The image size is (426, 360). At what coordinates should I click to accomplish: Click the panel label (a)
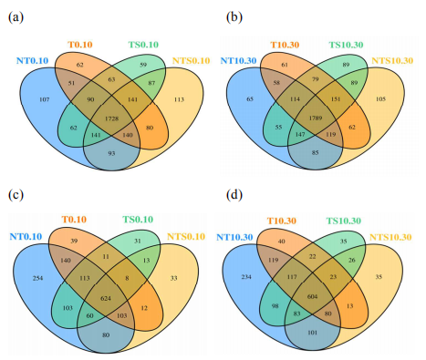click(16, 17)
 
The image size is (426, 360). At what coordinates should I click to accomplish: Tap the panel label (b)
click(234, 17)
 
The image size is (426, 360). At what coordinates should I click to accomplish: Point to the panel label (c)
click(16, 195)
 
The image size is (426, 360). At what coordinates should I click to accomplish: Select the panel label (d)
click(234, 195)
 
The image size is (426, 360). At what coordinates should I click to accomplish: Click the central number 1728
click(111, 118)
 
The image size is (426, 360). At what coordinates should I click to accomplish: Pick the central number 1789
click(316, 118)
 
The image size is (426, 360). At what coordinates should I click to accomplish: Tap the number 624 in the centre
click(106, 299)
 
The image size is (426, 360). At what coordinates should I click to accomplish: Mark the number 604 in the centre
click(312, 296)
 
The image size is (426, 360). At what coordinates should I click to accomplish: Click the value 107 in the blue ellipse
click(45, 99)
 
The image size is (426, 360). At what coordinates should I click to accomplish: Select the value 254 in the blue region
click(37, 278)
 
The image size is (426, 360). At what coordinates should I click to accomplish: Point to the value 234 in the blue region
click(246, 277)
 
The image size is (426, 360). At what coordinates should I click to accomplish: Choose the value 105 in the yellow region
click(380, 98)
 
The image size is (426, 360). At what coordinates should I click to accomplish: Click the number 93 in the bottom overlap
click(111, 153)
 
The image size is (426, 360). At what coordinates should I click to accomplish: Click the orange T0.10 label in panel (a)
click(80, 45)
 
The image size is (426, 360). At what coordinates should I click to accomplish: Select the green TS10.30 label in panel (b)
click(346, 45)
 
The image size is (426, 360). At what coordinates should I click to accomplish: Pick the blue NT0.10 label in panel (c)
click(26, 236)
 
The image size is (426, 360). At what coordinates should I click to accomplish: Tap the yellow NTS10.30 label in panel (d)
click(390, 237)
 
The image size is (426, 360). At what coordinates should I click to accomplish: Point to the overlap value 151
click(336, 99)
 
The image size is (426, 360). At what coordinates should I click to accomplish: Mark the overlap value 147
click(300, 134)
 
